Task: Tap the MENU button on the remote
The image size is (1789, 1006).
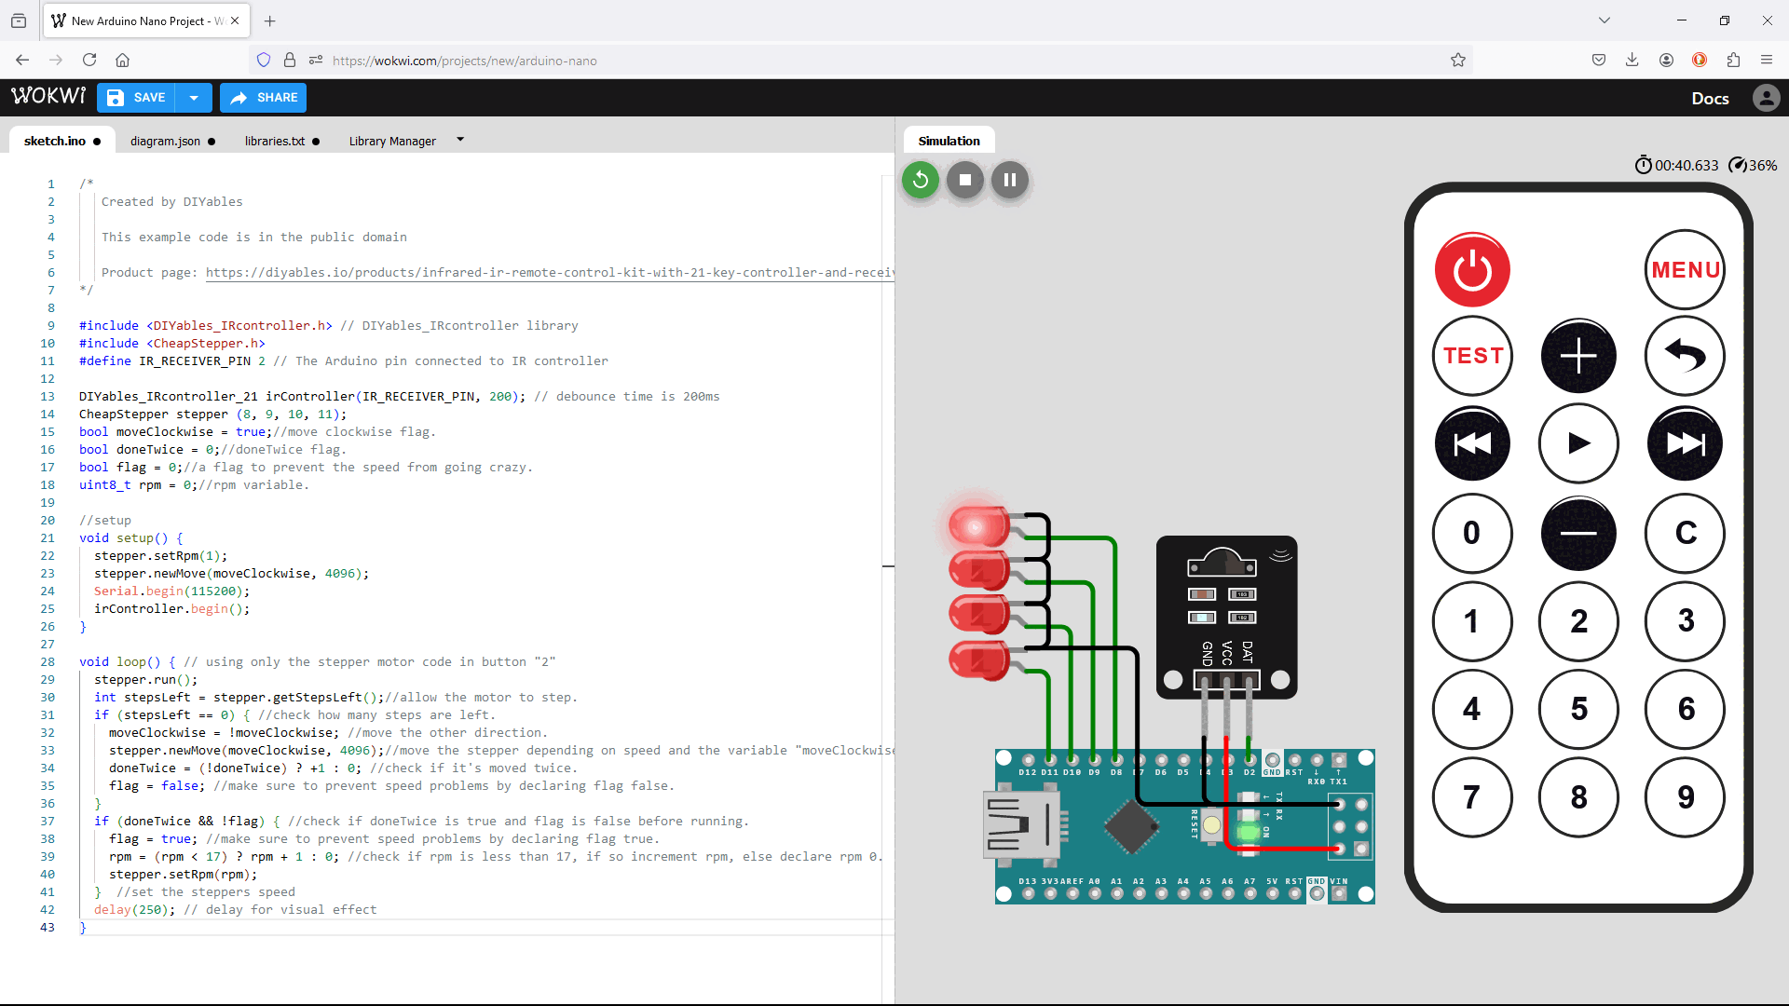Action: pos(1685,270)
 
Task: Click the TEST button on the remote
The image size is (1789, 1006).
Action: pos(1472,356)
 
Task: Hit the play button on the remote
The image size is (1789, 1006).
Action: pos(1578,443)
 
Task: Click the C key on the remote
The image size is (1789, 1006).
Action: pos(1685,533)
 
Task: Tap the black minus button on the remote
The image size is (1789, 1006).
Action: pos(1578,533)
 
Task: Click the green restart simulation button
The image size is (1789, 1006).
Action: pos(921,180)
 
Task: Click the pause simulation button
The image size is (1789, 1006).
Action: pos(1010,180)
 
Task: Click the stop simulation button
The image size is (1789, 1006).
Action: pos(965,180)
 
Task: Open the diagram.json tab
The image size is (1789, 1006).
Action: pos(165,141)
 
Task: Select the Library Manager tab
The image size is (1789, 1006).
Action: pos(392,141)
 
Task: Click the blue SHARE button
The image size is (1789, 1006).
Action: pos(264,98)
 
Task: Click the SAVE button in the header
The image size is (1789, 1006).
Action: pos(138,98)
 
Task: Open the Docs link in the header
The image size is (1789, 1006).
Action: pos(1710,98)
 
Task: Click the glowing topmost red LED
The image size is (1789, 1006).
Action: pos(976,527)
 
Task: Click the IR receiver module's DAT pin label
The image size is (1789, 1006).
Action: pos(1249,651)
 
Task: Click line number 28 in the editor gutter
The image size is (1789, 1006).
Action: pos(48,662)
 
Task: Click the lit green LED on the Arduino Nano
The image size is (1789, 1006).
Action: pos(1248,832)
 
